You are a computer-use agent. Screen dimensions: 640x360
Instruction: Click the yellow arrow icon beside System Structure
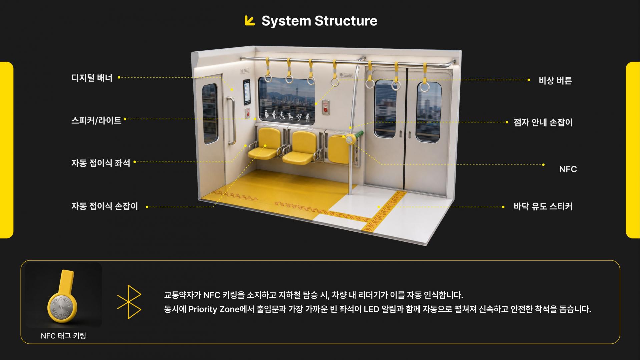pyautogui.click(x=250, y=20)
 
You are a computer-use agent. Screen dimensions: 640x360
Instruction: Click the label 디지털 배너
pyautogui.click(x=92, y=78)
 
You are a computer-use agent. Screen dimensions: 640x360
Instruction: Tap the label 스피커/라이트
pyautogui.click(x=96, y=120)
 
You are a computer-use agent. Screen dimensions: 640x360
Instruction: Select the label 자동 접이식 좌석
pyautogui.click(x=101, y=163)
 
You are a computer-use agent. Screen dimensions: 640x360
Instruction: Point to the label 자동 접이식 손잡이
pyautogui.click(x=105, y=206)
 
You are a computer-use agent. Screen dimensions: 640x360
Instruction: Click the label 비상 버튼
pyautogui.click(x=555, y=80)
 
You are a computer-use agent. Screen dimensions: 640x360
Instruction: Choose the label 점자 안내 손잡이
pyautogui.click(x=543, y=122)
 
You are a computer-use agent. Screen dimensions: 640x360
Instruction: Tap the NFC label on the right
pyautogui.click(x=568, y=169)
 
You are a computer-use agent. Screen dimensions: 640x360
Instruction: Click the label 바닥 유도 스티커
pyautogui.click(x=543, y=206)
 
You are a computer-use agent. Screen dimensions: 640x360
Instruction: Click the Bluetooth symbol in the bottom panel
pyautogui.click(x=129, y=302)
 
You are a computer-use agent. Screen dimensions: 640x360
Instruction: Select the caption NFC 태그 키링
pyautogui.click(x=63, y=336)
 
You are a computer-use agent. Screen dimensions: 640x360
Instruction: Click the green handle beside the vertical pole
pyautogui.click(x=359, y=135)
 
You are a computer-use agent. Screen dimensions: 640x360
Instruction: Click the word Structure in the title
pyautogui.click(x=346, y=21)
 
